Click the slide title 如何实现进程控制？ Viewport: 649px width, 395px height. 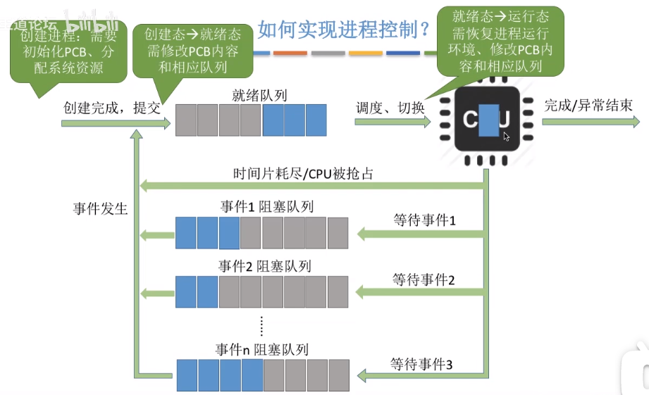tap(344, 30)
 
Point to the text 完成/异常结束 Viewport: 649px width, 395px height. tap(588, 105)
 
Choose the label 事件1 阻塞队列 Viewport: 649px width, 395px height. tap(266, 206)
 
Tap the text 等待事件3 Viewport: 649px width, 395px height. tap(421, 364)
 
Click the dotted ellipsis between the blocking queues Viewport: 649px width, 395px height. tap(261, 325)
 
